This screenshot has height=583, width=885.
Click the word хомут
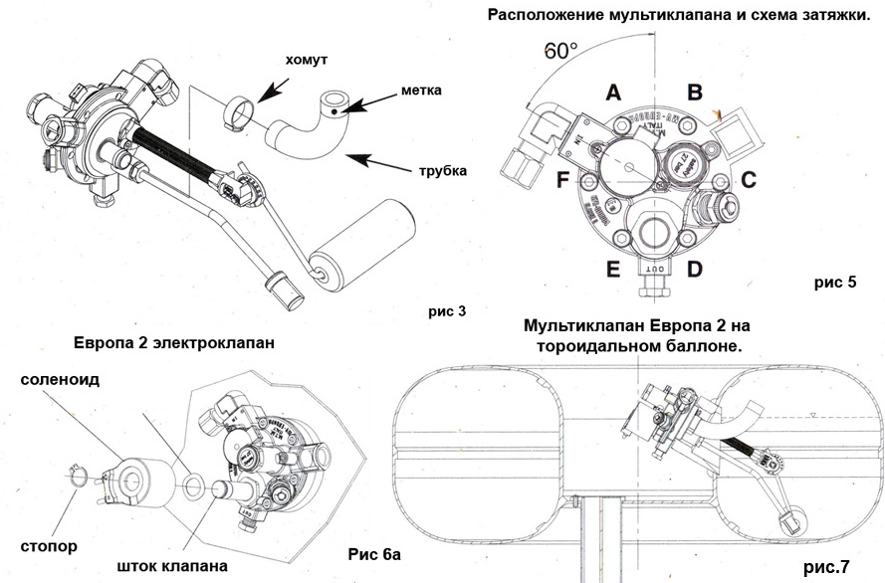point(306,61)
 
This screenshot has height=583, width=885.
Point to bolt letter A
point(613,93)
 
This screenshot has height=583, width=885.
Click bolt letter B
point(696,93)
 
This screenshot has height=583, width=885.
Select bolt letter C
point(749,181)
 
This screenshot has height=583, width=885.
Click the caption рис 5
point(835,282)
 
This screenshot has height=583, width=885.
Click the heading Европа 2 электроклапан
point(174,343)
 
